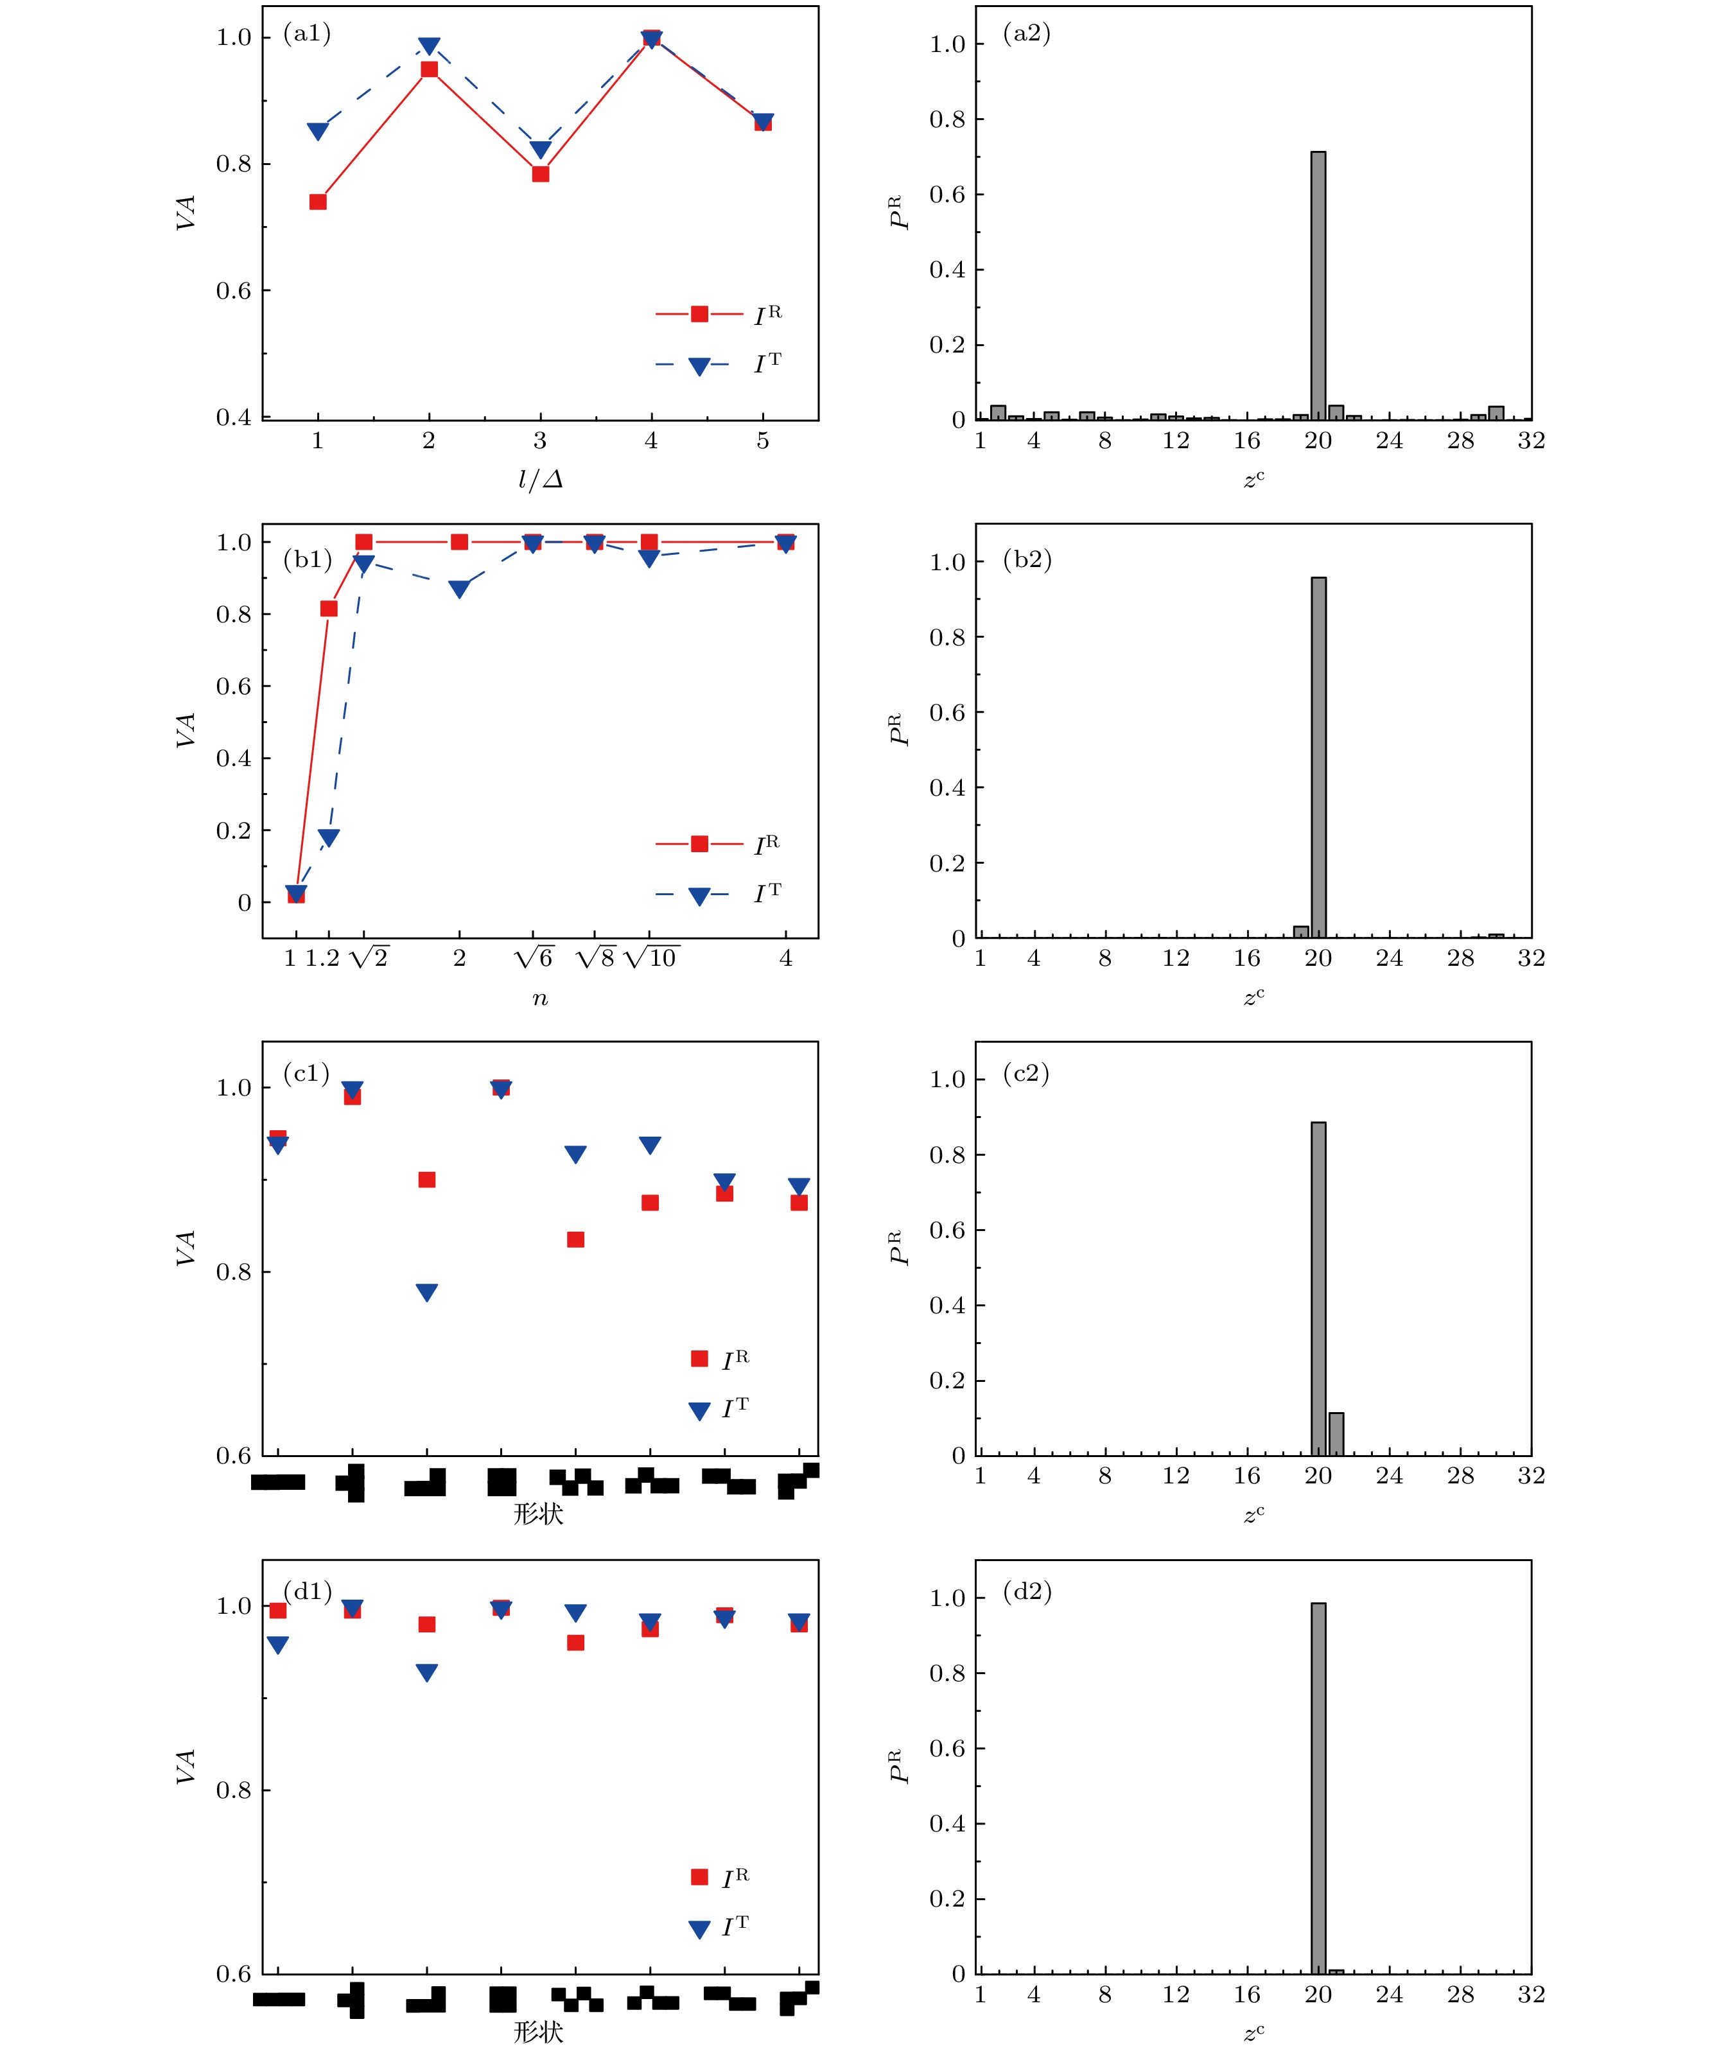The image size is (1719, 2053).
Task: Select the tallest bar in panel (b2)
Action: pos(1318,758)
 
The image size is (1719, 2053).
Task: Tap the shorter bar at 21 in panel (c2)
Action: pos(1336,1434)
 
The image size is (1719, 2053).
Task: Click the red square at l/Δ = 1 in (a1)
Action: pos(318,202)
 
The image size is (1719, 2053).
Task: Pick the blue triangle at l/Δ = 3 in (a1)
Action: pos(540,150)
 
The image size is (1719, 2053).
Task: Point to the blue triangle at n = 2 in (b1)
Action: pos(458,588)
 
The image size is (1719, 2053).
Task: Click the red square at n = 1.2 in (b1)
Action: pos(329,608)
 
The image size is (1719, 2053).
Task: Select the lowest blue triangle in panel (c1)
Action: pos(426,1293)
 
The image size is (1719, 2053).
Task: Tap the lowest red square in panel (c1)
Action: pos(576,1239)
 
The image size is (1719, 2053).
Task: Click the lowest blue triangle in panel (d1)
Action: pos(426,1673)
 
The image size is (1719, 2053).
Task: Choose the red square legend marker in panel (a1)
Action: pos(699,314)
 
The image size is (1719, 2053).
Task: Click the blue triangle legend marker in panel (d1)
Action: pos(699,1930)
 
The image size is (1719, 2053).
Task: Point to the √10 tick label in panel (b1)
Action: pos(651,958)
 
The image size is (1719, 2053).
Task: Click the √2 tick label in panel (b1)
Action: pos(369,958)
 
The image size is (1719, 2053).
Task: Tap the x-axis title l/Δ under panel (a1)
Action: pos(540,480)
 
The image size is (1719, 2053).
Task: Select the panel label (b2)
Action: pos(1027,559)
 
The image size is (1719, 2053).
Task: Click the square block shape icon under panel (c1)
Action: pos(502,1482)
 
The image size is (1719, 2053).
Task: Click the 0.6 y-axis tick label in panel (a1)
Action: pos(234,290)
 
